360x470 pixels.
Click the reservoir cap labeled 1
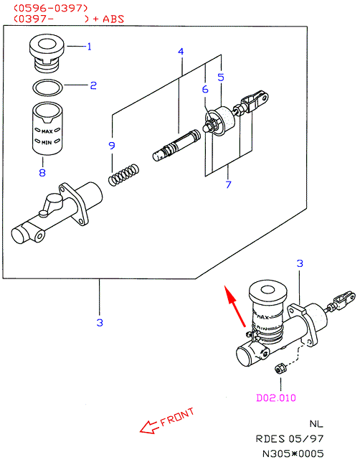click(47, 53)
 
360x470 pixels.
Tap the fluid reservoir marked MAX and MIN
click(47, 128)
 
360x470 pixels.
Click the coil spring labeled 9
click(123, 175)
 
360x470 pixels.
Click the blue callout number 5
click(221, 77)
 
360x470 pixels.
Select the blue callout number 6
click(205, 89)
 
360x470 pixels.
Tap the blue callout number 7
click(229, 184)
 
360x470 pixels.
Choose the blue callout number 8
click(42, 172)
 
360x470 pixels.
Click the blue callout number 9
click(112, 146)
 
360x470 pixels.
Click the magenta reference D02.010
click(276, 398)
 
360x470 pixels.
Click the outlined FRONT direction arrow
click(149, 427)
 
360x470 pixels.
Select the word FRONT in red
click(177, 417)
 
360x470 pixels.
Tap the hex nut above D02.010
click(280, 368)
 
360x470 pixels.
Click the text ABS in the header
click(113, 19)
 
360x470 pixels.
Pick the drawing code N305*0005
click(293, 453)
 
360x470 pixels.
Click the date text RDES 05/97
click(290, 439)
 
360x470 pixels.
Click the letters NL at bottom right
click(316, 424)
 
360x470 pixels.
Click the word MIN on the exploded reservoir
click(47, 142)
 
